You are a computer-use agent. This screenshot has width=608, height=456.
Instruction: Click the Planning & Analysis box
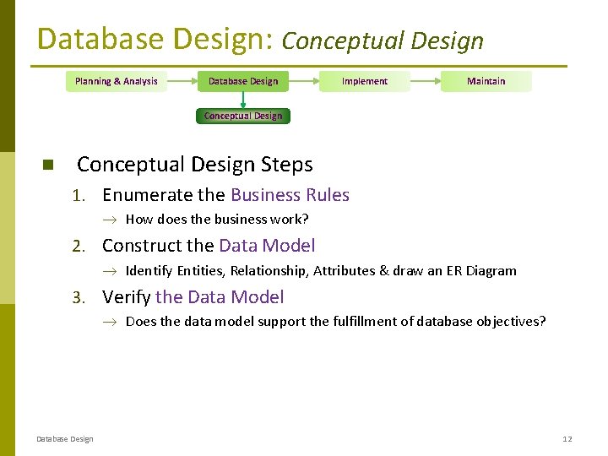117,81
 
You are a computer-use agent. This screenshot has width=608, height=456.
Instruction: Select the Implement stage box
365,81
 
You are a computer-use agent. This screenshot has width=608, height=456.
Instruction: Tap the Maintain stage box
486,81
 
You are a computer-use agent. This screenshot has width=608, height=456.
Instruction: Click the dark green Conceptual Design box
243,116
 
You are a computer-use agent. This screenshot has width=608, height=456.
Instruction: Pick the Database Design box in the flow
243,81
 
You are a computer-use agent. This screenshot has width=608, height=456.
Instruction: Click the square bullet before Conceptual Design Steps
47,165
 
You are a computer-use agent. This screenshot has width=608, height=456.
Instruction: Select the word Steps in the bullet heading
285,165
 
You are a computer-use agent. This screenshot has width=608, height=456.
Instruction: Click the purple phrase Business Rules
290,195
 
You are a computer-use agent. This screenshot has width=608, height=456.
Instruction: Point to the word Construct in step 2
142,246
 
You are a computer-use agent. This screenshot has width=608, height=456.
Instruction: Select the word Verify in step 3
127,297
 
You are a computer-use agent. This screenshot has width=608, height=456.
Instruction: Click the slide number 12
567,438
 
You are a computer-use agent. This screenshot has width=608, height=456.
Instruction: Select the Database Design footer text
65,438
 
